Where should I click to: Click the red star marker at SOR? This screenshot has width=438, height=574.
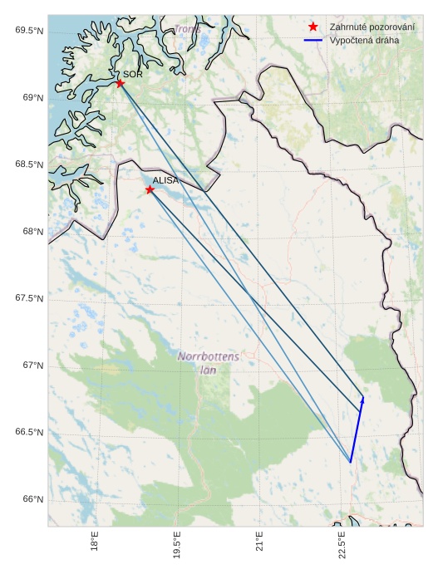pos(121,83)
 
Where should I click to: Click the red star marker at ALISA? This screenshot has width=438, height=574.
pos(150,189)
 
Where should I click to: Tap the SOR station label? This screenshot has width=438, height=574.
pos(133,74)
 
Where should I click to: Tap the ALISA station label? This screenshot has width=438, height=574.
pos(165,179)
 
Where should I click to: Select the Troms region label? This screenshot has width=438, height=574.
pos(187,30)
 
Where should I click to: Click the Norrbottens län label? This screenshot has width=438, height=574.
pos(208,362)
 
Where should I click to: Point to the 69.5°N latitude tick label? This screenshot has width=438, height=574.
pos(29,31)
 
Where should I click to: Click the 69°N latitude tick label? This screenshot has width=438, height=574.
pos(32,98)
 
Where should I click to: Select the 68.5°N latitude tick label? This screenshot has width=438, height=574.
pos(29,164)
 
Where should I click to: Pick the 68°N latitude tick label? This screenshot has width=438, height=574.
pos(32,232)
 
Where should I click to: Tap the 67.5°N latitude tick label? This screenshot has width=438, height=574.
pos(29,299)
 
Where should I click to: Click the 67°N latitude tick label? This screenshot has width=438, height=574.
pos(32,365)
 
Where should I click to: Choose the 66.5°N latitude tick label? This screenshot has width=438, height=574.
pos(29,433)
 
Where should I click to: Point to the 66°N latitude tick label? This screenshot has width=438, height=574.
pos(32,499)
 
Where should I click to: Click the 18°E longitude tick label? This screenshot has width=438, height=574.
pos(95,544)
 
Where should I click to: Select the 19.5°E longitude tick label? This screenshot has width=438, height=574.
pos(177,547)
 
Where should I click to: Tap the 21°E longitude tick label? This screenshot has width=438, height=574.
pos(259,544)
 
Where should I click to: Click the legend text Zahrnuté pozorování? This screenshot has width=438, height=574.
pos(372,27)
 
